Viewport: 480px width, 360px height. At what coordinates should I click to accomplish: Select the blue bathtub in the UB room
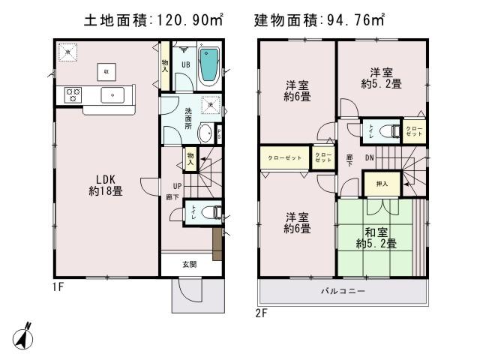(208, 64)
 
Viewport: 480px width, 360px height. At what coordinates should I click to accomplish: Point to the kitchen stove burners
(73, 94)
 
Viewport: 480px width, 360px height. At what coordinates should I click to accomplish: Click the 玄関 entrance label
(189, 264)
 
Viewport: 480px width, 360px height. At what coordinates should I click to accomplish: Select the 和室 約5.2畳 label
(376, 237)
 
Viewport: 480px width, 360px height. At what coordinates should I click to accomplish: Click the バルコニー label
(343, 290)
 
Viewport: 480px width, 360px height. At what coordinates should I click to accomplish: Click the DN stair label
(370, 158)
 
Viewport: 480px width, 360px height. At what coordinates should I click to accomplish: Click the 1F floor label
(58, 287)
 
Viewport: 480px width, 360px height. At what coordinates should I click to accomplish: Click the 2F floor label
(261, 311)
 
